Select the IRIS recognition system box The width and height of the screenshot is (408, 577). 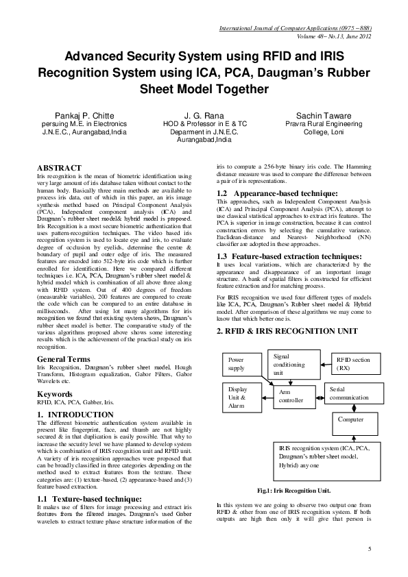click(x=322, y=456)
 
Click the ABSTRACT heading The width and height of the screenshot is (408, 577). click(x=59, y=168)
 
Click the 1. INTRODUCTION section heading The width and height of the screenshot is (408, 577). click(x=75, y=415)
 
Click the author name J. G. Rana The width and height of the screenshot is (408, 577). click(x=204, y=115)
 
